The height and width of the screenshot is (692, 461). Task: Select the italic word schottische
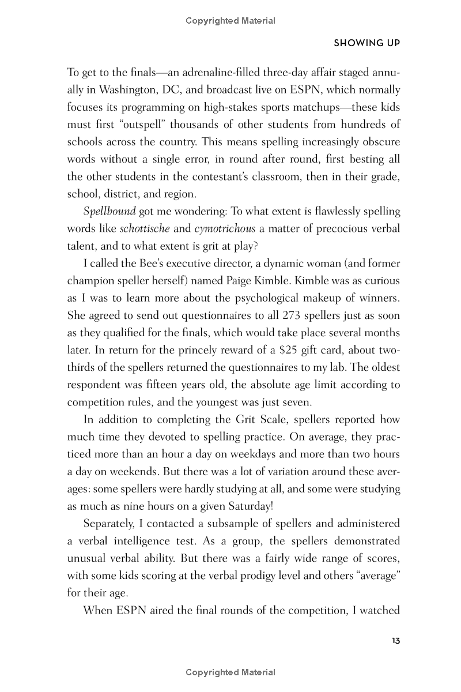click(x=145, y=229)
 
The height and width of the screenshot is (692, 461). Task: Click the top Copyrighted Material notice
click(x=231, y=21)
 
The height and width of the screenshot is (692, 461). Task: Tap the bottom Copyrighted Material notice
click(x=231, y=672)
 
